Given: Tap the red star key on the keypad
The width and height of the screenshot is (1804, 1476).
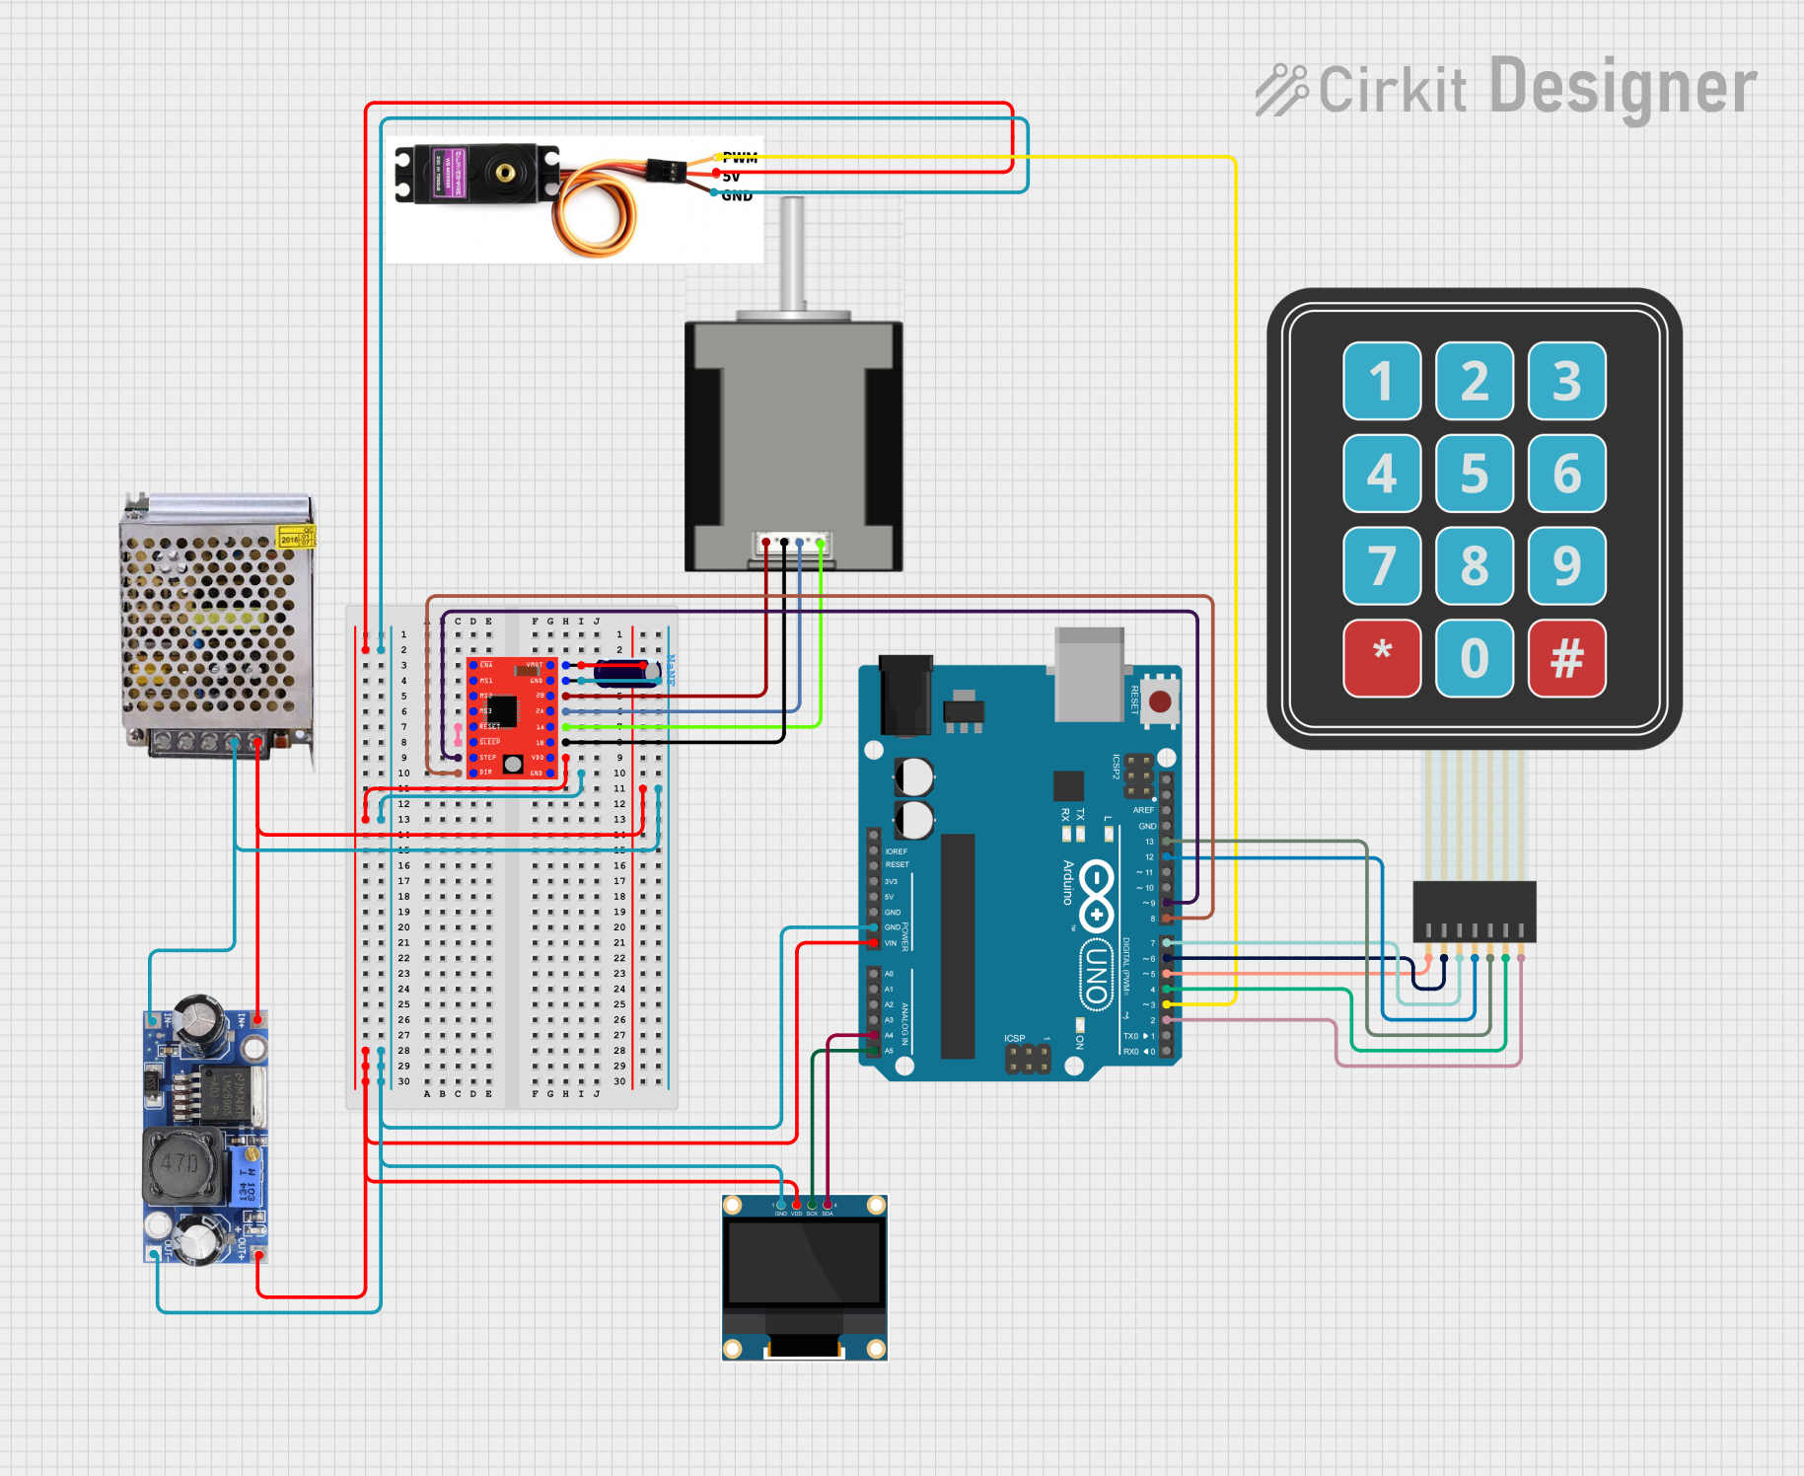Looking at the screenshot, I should pos(1382,657).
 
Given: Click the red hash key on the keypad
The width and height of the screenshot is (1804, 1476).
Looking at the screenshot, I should pos(1566,657).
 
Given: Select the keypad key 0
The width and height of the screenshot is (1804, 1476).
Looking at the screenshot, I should pos(1474,657).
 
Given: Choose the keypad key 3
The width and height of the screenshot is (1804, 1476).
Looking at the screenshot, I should pos(1566,381).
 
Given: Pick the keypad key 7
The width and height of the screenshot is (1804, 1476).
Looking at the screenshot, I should pos(1382,565).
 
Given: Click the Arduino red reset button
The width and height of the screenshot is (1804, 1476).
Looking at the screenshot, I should pos(1160,701).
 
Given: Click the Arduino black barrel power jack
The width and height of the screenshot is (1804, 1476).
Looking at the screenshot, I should pos(905,696).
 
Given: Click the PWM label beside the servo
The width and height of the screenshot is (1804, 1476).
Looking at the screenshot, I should pos(740,158).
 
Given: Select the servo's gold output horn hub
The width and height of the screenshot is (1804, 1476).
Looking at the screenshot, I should pos(505,174).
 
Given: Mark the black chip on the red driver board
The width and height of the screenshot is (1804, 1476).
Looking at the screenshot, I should pos(502,709).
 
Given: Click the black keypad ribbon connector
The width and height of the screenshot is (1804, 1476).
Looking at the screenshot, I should pos(1474,910).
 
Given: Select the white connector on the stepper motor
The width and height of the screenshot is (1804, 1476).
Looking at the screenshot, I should pos(792,543).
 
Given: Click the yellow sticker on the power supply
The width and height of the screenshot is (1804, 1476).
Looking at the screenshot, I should pos(294,537).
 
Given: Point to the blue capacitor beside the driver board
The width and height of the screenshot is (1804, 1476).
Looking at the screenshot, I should pos(625,672).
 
